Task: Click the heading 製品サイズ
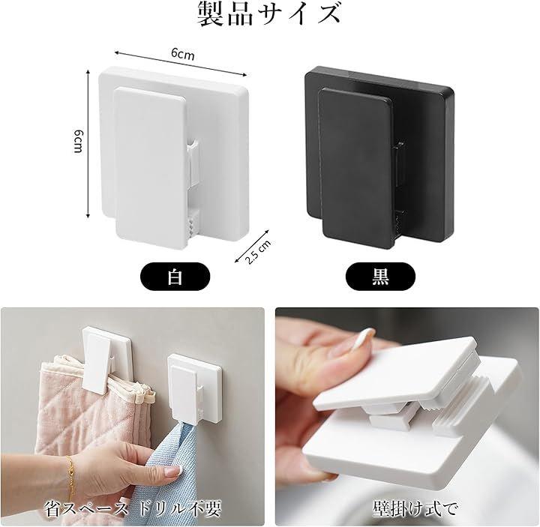(x=269, y=14)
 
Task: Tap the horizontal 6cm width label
(x=182, y=54)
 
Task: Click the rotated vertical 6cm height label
(x=79, y=142)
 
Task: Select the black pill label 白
(x=175, y=277)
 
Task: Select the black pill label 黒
(x=380, y=277)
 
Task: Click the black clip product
(x=379, y=156)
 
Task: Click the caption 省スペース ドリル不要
(x=133, y=509)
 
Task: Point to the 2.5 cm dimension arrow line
(x=251, y=246)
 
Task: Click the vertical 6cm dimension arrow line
(x=88, y=143)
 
